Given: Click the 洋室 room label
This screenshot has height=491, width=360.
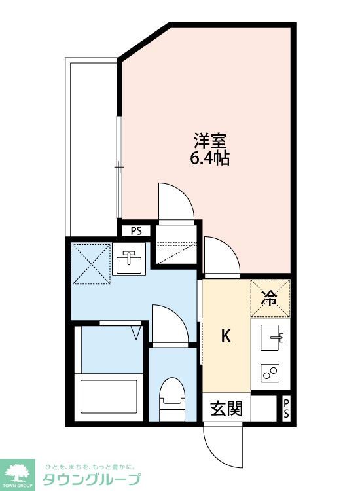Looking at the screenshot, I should tap(209, 140).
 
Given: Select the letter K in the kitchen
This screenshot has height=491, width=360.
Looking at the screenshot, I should tap(225, 336).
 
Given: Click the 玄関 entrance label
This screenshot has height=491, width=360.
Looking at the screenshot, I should tap(226, 409).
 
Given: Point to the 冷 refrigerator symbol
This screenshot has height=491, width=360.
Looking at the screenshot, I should tap(269, 297).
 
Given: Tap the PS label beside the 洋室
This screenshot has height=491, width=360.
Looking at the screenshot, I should tap(135, 230).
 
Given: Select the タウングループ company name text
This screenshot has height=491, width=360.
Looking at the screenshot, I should tap(92, 479).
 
